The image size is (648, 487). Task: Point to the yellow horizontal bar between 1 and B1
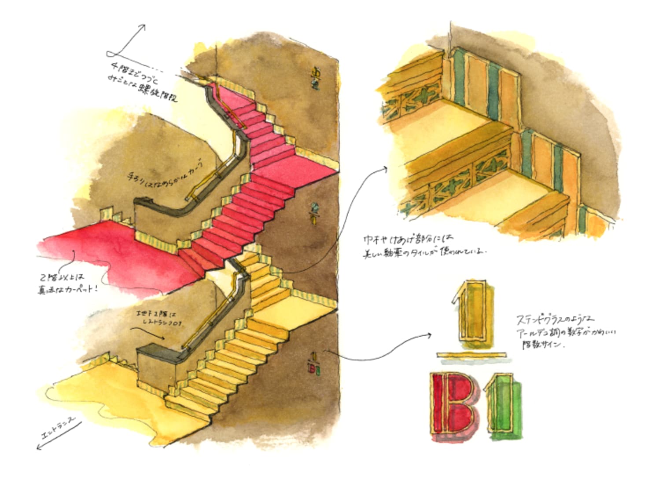473,354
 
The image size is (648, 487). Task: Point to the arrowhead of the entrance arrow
39,447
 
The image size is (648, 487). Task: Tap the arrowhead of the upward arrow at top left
143,27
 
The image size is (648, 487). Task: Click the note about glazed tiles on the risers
423,247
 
